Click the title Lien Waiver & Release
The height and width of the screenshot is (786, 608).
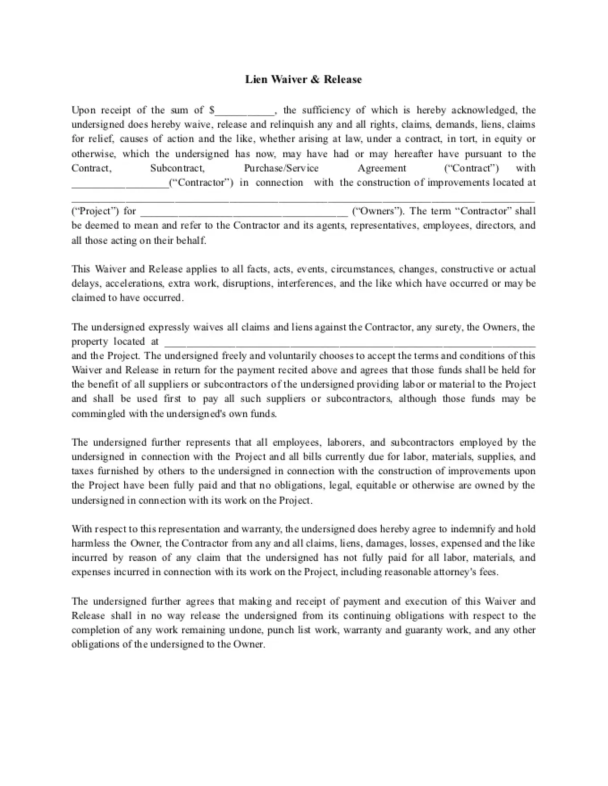pos(303,79)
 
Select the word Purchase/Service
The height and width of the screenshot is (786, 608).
pos(281,168)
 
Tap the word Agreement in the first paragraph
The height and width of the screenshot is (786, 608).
pos(382,168)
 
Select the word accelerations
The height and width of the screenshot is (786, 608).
pos(134,284)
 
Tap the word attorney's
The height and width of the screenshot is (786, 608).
pos(455,572)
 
